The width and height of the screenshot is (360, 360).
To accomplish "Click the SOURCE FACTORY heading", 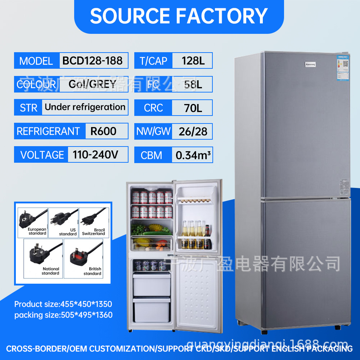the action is pyautogui.click(x=179, y=16).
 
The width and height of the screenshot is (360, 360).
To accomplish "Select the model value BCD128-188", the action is pyautogui.click(x=93, y=60).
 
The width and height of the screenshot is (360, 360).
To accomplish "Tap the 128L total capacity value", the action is pyautogui.click(x=193, y=61).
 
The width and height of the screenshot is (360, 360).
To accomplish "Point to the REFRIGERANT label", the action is pyautogui.click(x=48, y=131).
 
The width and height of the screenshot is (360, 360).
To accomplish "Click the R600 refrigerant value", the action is pyautogui.click(x=103, y=131).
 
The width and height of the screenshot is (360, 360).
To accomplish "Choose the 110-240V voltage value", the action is pyautogui.click(x=95, y=155).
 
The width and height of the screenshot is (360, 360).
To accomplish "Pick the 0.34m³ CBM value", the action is pyautogui.click(x=193, y=156).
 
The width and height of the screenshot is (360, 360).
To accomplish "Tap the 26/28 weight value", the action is pyautogui.click(x=193, y=131).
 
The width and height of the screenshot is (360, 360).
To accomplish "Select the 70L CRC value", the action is pyautogui.click(x=193, y=108).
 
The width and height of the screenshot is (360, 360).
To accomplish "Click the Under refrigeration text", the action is pyautogui.click(x=85, y=107).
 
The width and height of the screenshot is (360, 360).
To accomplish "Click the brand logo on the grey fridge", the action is pyautogui.click(x=310, y=65).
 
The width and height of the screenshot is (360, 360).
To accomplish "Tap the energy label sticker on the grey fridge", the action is pyautogui.click(x=344, y=64).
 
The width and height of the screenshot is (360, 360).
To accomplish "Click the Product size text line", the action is pyautogui.click(x=63, y=305).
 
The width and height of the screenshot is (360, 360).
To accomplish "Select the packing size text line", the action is pyautogui.click(x=63, y=315).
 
